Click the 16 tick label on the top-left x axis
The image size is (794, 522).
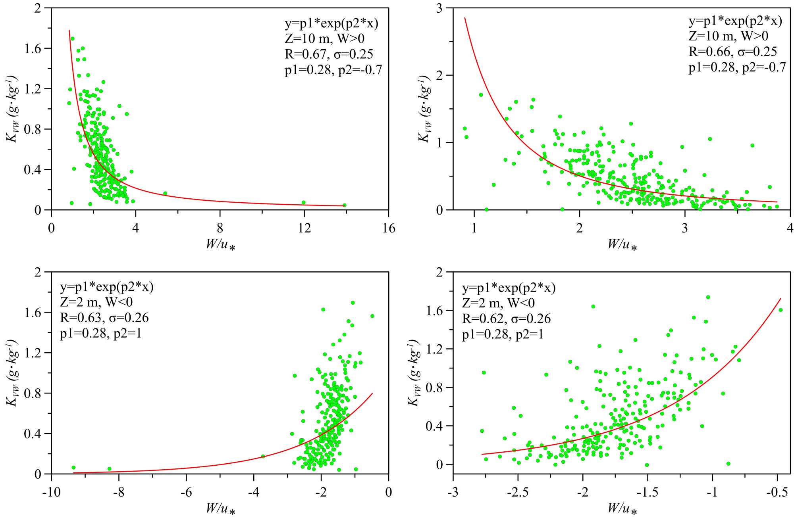[x=389, y=228]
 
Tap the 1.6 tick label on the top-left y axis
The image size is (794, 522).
[x=33, y=48]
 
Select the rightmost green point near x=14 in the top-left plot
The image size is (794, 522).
[x=344, y=205]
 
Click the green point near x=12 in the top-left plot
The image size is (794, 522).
[x=303, y=202]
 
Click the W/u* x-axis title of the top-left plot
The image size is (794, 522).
[x=220, y=244]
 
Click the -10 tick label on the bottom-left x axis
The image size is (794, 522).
[x=51, y=492]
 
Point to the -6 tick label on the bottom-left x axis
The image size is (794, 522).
[x=186, y=492]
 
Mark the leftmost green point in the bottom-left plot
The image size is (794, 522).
[x=73, y=467]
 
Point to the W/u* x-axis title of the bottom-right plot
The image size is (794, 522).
[x=622, y=509]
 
